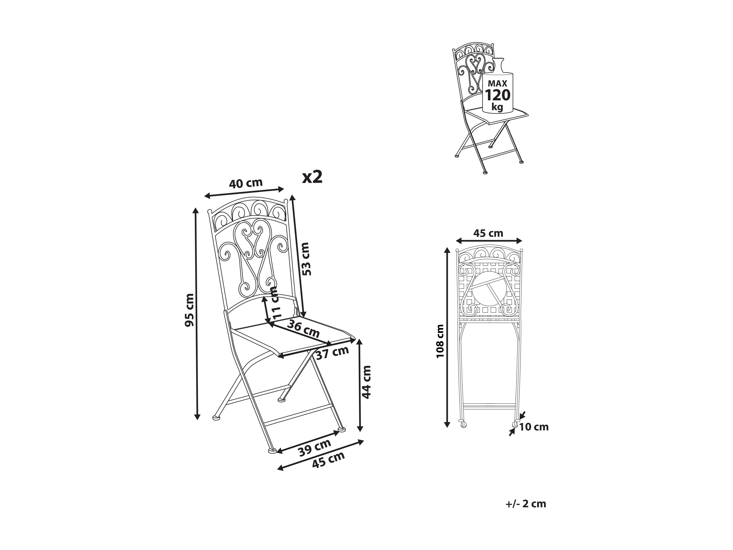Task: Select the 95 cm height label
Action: [190, 310]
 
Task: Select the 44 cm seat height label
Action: [366, 382]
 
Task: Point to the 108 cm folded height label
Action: [440, 341]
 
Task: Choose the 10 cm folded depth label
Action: [534, 427]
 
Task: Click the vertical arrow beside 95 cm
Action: [197, 314]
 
